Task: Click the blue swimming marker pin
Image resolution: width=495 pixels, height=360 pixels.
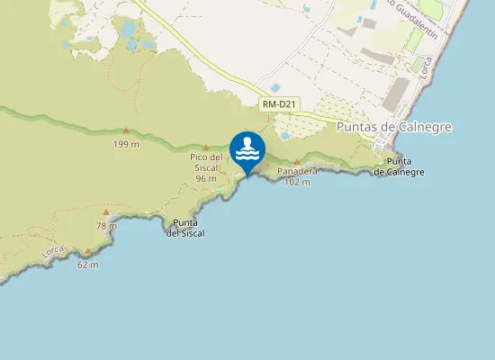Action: coord(247,151)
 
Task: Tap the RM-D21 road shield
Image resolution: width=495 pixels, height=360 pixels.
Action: coord(278,105)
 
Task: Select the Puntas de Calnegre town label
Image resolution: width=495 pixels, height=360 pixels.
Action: coord(393,128)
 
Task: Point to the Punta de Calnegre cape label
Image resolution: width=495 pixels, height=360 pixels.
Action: coord(399,166)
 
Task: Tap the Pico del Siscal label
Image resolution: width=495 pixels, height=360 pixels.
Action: coord(206,162)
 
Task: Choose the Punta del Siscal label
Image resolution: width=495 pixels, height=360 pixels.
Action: coord(185,228)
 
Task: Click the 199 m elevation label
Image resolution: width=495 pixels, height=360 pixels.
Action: coord(126,144)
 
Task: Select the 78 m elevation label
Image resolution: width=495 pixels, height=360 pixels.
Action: coord(106,226)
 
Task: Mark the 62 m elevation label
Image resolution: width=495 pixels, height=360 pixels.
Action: coord(87,265)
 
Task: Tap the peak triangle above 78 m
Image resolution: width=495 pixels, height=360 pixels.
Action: coord(106,214)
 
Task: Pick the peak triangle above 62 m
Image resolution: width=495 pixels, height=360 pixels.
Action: coord(88,252)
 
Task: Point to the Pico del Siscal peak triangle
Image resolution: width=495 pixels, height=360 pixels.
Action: coord(206,147)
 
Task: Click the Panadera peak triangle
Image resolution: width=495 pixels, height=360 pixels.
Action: coord(297,161)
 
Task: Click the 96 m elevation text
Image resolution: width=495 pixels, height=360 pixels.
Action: coord(206,178)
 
